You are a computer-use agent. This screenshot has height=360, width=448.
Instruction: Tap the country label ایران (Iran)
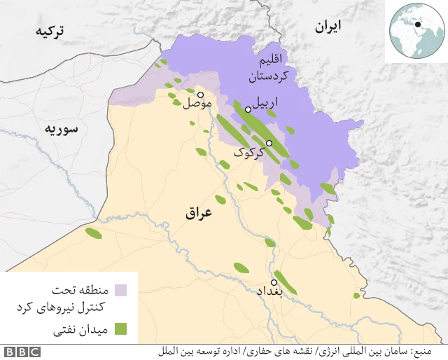[328, 27]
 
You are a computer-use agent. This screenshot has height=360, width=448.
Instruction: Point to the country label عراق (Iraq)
[198, 214]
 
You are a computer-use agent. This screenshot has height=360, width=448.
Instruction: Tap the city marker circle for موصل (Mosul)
[200, 95]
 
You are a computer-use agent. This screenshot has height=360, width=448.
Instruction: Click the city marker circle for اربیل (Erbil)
[248, 109]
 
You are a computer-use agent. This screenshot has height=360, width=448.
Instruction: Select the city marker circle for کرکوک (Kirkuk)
[269, 143]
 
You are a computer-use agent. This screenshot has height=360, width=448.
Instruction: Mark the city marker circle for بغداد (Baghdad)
[274, 283]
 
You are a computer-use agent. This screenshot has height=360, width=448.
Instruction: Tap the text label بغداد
[269, 292]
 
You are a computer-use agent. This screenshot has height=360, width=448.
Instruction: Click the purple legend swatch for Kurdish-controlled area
[120, 290]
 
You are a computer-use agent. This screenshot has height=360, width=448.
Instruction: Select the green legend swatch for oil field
[120, 328]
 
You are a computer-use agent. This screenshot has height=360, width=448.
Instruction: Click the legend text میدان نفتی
[81, 328]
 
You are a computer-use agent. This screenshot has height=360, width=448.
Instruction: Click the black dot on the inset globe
[418, 25]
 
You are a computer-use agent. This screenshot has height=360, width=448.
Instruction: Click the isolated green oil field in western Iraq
[93, 233]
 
